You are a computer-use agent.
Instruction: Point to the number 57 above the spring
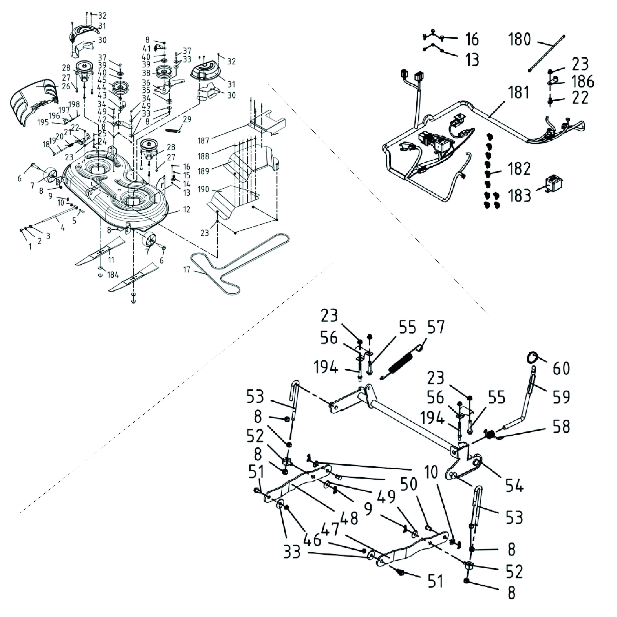[436, 327]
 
